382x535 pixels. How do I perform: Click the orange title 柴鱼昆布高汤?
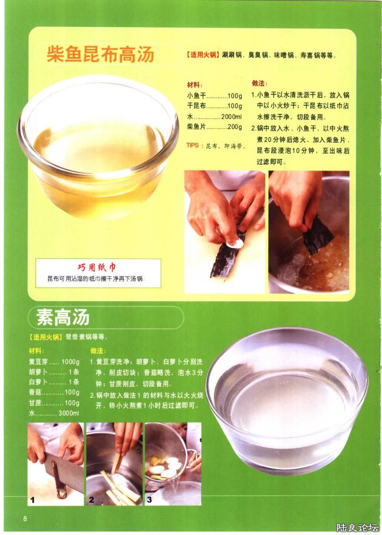100,54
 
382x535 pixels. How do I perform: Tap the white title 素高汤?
63,317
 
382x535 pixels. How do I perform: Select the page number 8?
25,519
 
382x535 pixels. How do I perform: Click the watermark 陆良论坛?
357,527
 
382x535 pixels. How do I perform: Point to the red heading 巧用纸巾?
97,267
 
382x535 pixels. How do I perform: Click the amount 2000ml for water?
231,117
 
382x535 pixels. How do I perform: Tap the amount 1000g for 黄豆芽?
70,361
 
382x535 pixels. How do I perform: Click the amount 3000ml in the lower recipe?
69,413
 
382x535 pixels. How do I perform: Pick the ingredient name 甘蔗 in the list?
35,403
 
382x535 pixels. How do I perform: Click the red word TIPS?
192,145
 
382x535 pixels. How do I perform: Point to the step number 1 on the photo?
32,500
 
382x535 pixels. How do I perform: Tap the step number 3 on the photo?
149,500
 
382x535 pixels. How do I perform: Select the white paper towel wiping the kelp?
235,243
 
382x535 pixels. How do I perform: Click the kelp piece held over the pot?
317,235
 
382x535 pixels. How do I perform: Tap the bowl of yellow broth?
98,147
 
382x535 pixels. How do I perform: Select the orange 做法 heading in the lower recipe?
98,351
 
